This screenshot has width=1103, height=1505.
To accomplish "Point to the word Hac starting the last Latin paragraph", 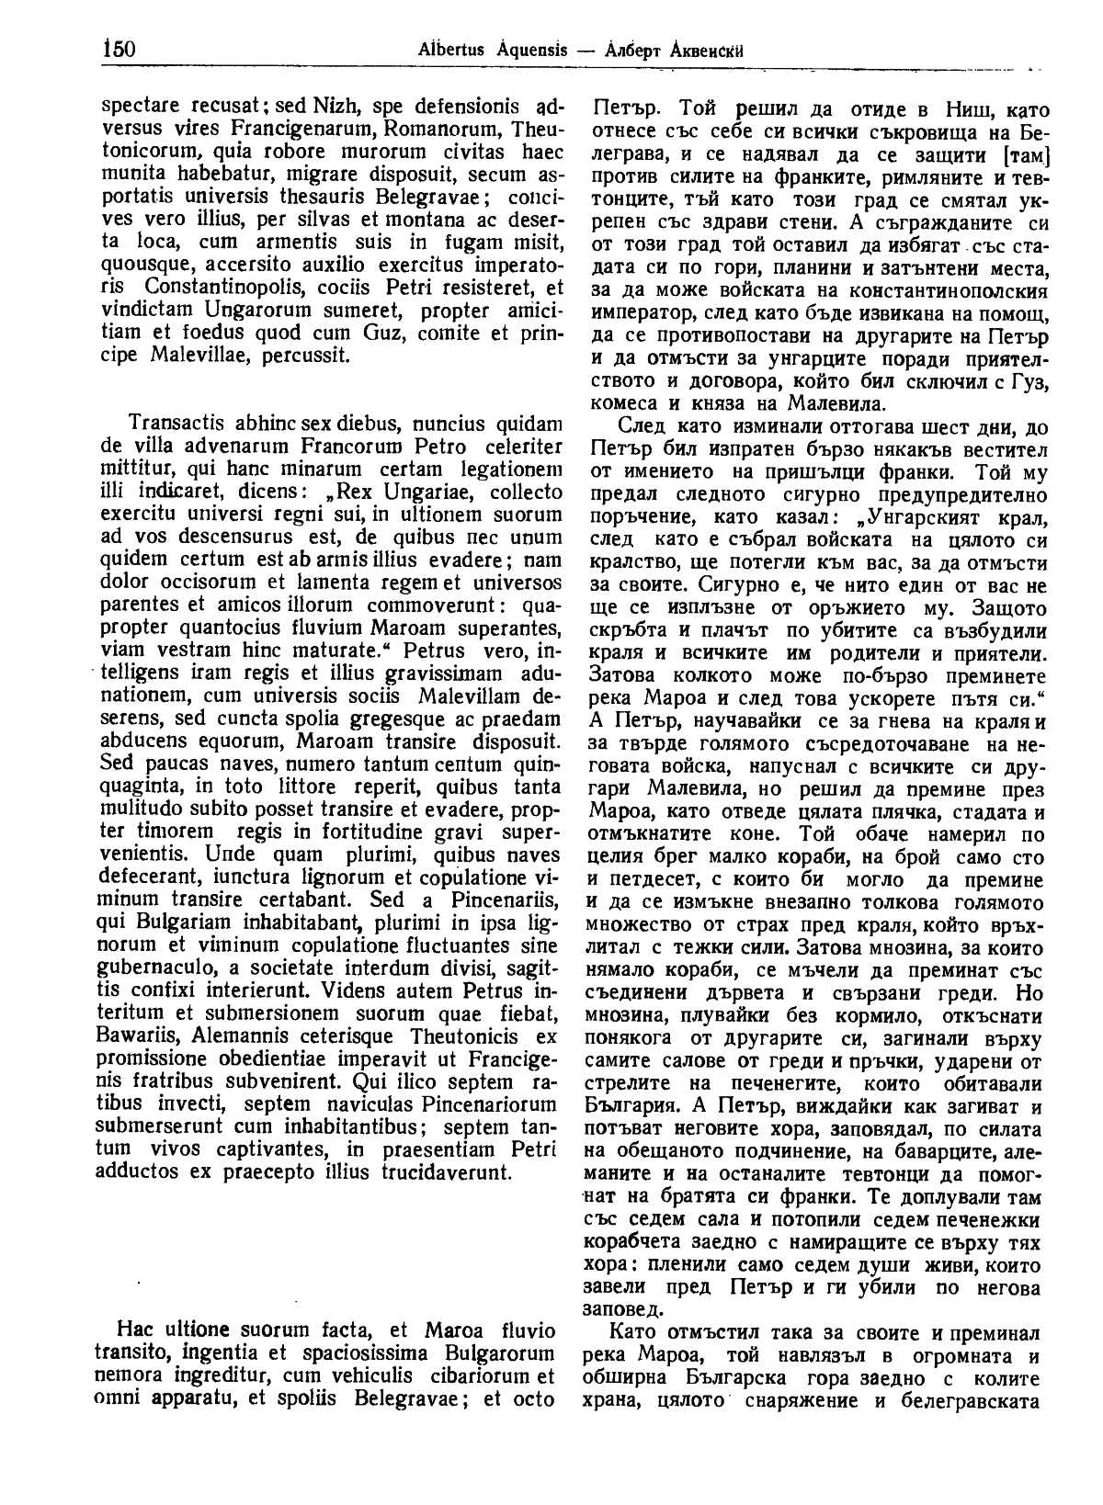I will [133, 1328].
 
